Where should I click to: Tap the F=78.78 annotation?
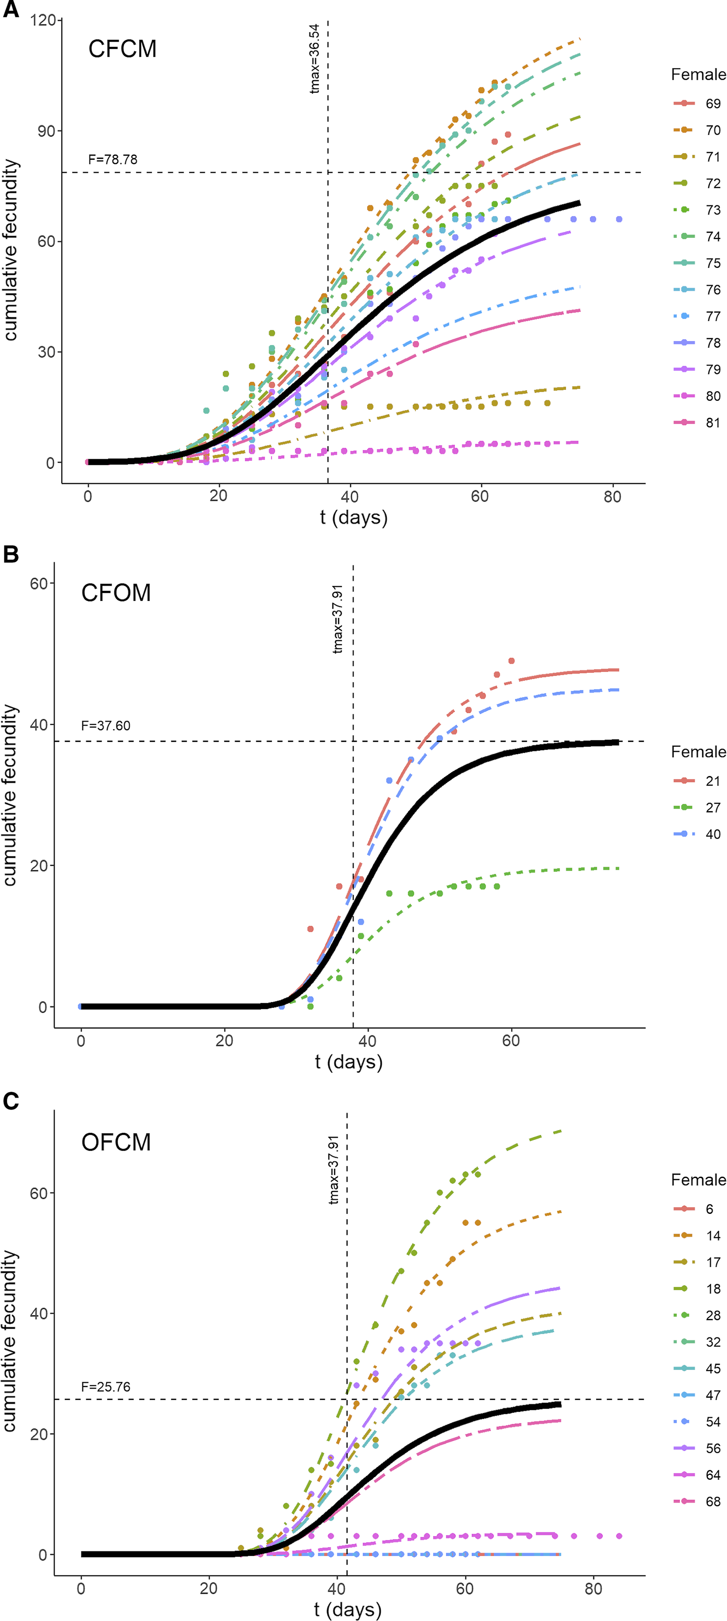coord(113,159)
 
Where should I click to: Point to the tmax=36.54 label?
coord(314,59)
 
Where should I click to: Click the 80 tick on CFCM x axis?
coord(612,497)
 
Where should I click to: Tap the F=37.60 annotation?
coord(106,726)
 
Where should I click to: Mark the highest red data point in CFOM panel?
coord(511,661)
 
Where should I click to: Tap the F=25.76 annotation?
coord(106,1387)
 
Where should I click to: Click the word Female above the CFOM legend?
coord(698,752)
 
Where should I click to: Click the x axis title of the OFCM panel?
coord(348,1610)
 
